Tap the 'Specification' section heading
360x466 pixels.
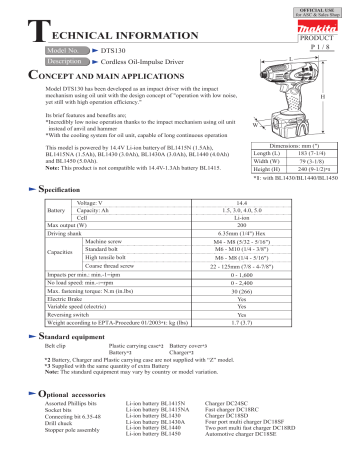[62, 188]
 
